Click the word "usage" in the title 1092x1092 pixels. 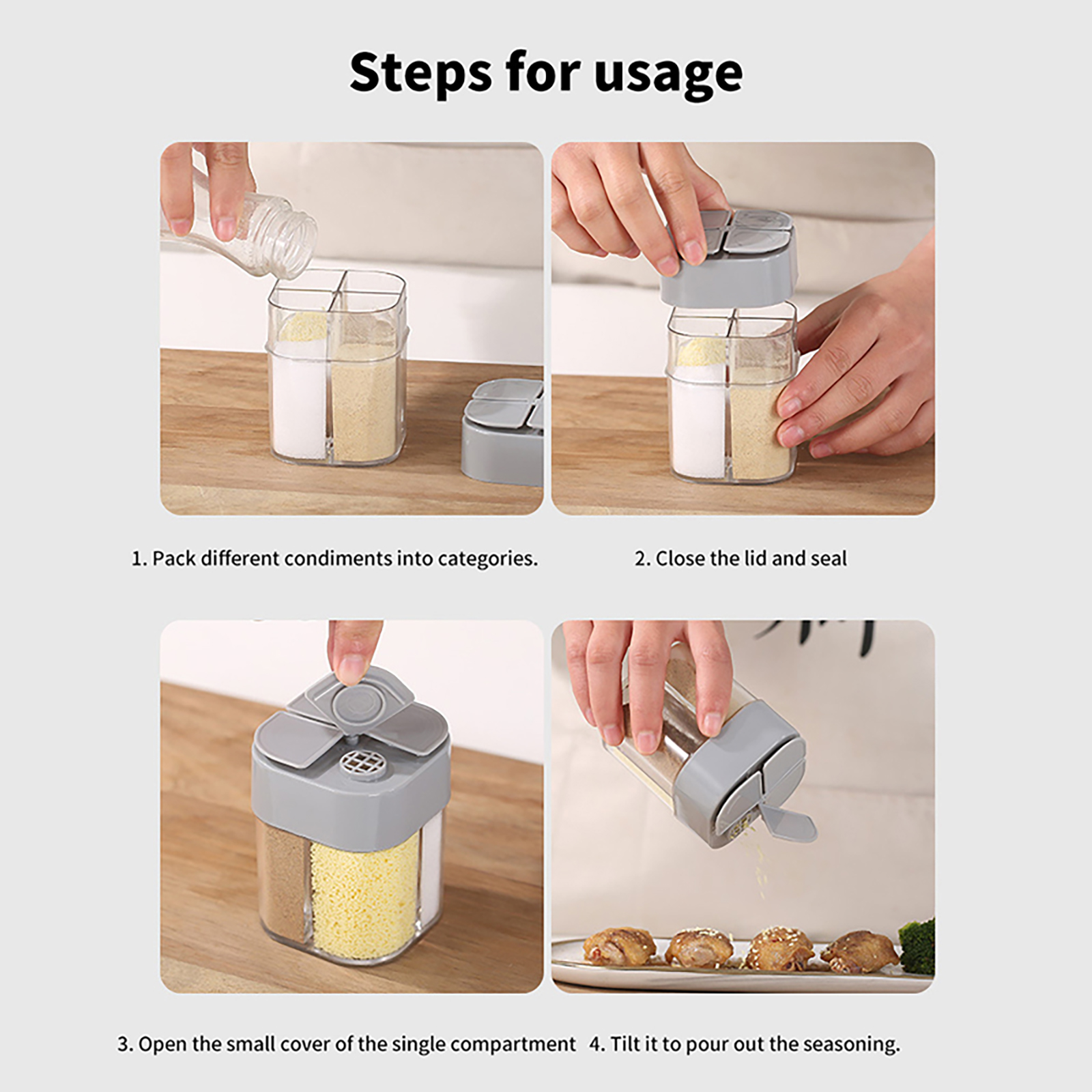[669, 74]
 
